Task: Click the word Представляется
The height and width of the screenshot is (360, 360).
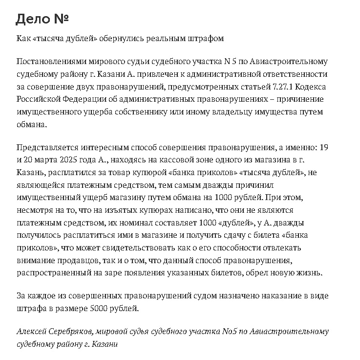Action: point(47,147)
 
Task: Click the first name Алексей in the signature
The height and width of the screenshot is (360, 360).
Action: point(33,332)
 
